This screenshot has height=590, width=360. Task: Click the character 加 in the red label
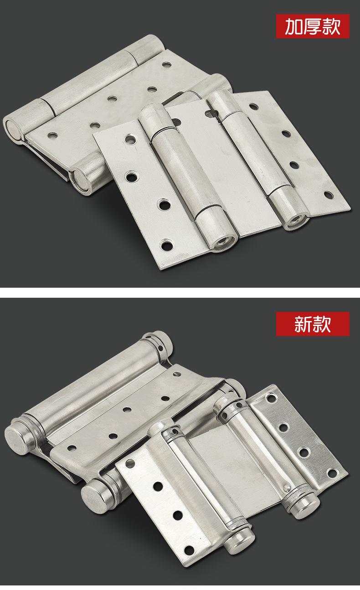(x=294, y=26)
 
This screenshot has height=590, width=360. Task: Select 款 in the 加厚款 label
(x=331, y=26)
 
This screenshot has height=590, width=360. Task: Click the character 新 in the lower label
(x=303, y=324)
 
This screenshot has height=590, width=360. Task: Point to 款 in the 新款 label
(x=322, y=324)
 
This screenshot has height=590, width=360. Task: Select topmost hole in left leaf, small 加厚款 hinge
(x=130, y=139)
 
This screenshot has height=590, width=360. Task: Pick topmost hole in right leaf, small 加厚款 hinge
(x=254, y=106)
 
